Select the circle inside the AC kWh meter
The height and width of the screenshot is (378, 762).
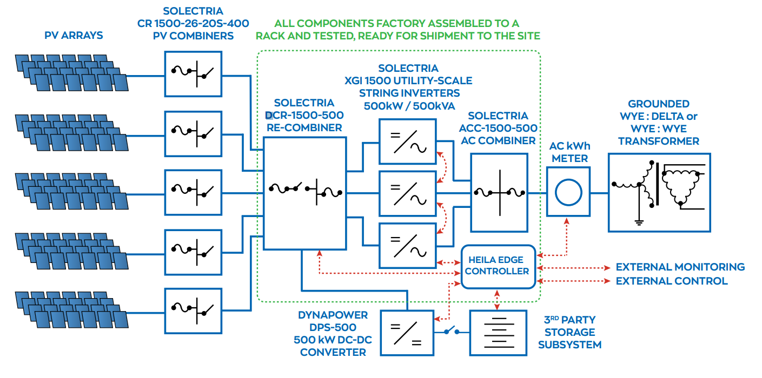(568, 193)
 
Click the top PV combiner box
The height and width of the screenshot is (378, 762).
(193, 74)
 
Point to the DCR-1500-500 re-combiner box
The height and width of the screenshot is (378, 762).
(304, 193)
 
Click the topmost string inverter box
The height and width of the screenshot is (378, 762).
(407, 140)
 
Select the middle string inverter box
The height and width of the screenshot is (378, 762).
(407, 193)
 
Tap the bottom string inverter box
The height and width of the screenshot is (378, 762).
(407, 245)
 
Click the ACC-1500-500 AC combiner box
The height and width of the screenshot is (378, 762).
(499, 193)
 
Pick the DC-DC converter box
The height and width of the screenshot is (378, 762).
(407, 333)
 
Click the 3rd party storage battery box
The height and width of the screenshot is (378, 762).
(498, 333)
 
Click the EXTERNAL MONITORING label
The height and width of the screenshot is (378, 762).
(680, 267)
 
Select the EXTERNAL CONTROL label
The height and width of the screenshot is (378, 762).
(671, 281)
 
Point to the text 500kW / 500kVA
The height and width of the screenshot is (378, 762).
(409, 105)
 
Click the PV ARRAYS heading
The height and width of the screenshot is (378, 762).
(74, 36)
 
